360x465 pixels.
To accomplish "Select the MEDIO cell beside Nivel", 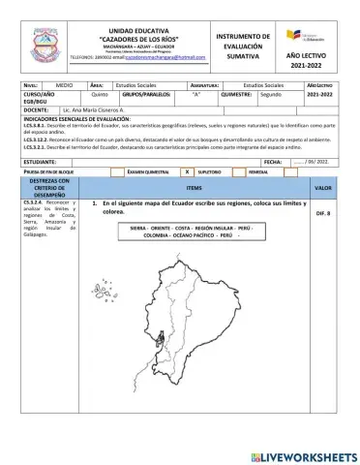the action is [65, 85].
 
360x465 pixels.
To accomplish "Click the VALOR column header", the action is [323, 187].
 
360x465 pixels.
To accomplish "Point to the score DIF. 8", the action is [323, 212].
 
